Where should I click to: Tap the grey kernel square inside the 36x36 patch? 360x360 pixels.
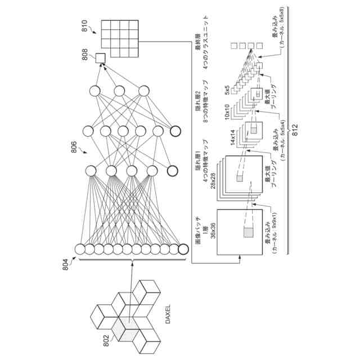249,232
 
